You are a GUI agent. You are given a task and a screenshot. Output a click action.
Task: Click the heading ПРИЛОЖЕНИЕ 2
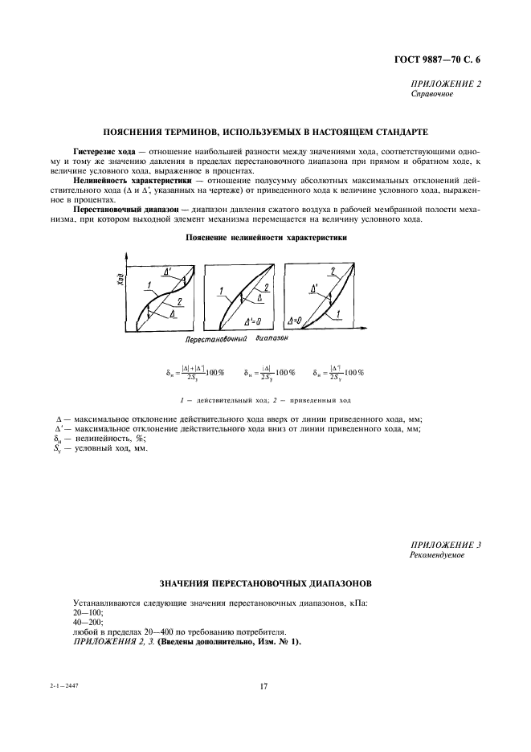click(446, 84)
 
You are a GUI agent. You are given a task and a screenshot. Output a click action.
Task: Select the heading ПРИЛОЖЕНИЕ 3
click(446, 545)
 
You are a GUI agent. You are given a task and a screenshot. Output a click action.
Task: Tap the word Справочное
click(432, 94)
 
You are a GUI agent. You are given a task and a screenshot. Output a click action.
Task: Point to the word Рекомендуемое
click(439, 555)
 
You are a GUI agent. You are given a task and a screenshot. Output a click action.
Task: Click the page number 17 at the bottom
click(263, 686)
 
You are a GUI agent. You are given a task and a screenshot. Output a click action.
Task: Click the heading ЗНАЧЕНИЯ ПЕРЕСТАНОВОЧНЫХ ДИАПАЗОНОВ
click(264, 582)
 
